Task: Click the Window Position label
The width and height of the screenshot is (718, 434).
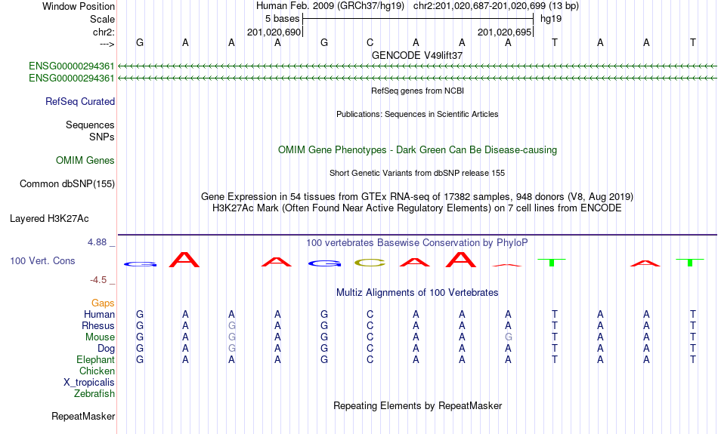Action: click(79, 6)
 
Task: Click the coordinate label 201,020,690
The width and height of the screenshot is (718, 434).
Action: click(274, 32)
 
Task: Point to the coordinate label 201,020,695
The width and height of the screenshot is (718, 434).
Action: click(505, 32)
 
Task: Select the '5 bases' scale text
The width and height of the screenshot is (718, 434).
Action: click(282, 19)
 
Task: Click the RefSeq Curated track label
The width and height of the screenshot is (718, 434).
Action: click(80, 102)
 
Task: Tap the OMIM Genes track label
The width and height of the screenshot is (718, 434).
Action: click(85, 161)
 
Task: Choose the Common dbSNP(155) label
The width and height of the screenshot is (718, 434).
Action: click(67, 184)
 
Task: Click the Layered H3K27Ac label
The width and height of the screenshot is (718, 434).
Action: click(49, 219)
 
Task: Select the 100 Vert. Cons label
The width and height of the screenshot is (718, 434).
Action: click(42, 260)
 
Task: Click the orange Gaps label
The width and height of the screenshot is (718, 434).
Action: click(103, 303)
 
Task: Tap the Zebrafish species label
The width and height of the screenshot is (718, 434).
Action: click(94, 393)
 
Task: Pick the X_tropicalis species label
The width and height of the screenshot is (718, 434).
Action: click(89, 383)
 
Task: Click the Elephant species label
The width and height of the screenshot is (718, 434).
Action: click(95, 359)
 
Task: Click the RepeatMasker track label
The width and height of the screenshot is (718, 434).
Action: click(83, 416)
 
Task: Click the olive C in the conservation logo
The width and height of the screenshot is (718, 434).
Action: click(370, 263)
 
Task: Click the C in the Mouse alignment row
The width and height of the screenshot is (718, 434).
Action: click(370, 337)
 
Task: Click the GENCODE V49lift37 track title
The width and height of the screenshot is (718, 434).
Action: click(417, 55)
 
